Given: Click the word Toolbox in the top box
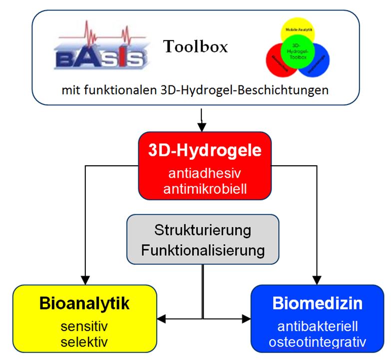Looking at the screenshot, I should coord(195,47).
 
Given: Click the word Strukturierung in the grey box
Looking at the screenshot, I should coord(203,231).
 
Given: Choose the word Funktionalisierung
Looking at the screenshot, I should coord(203,250).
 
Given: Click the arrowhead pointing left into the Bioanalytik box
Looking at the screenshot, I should coord(162,318).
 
